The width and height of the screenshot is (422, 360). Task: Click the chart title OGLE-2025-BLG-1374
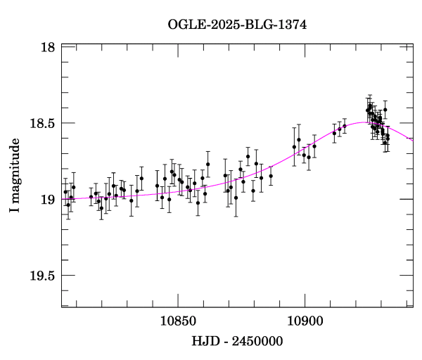(x=237, y=24)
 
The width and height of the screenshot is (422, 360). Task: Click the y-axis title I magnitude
(x=15, y=174)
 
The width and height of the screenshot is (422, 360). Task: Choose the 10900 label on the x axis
(x=304, y=320)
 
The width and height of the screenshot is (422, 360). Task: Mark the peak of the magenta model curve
(x=363, y=122)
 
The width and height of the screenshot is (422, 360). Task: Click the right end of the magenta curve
(x=413, y=139)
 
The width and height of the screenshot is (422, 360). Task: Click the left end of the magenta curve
(x=63, y=199)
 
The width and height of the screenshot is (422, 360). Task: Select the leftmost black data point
(x=65, y=191)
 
